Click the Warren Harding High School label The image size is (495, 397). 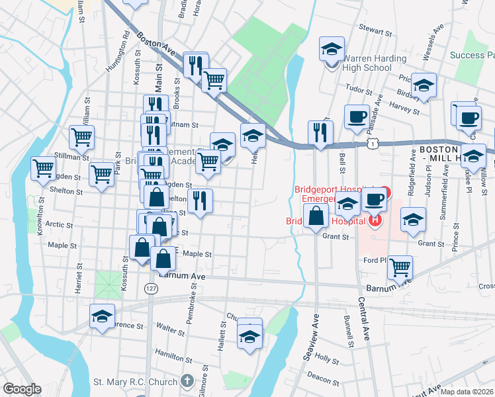pyautogui.click(x=375, y=63)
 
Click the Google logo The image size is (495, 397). pyautogui.click(x=22, y=388)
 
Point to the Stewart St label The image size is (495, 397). pyautogui.click(x=376, y=28)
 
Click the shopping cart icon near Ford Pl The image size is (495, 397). pyautogui.click(x=400, y=267)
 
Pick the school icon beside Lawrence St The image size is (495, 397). pyautogui.click(x=102, y=316)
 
